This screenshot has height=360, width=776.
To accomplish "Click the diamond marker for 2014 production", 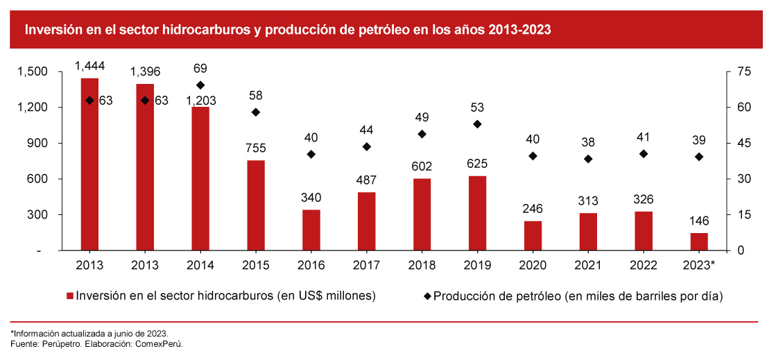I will [200, 85].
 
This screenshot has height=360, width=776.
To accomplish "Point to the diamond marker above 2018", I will [422, 134].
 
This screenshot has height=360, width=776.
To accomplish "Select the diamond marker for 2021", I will [588, 159].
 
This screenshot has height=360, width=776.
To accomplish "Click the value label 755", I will [256, 148].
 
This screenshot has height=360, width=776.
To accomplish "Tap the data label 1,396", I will [145, 71].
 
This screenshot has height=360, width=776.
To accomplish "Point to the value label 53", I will [477, 108].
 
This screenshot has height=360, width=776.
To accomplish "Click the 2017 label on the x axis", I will [366, 266].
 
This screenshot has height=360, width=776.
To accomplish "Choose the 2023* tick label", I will [698, 266].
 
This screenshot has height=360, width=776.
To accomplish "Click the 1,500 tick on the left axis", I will [33, 71].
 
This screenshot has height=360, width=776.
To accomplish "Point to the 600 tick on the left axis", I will [37, 179].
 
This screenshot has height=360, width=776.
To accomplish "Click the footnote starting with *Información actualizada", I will [89, 333].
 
